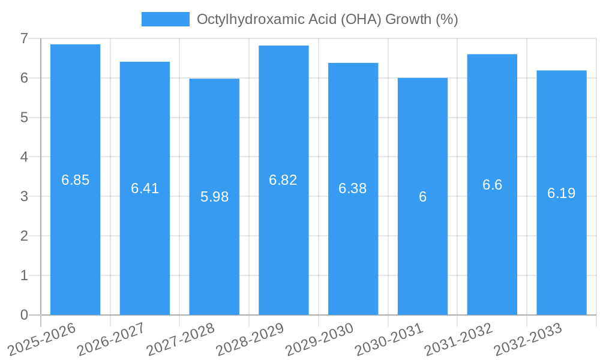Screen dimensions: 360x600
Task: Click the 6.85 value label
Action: click(x=75, y=180)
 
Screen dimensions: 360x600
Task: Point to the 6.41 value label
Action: click(x=145, y=188)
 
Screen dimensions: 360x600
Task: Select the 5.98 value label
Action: click(x=214, y=197)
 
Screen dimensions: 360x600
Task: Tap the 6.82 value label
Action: click(x=283, y=180)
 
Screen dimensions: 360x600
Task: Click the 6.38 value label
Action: click(x=353, y=188)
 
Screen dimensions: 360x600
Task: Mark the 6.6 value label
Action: click(x=492, y=185)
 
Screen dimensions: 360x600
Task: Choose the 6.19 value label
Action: click(x=561, y=193)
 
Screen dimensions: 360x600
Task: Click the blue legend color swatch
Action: click(x=165, y=19)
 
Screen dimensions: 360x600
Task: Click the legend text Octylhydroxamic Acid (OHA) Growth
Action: click(x=327, y=19)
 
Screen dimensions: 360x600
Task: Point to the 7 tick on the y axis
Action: click(x=24, y=38)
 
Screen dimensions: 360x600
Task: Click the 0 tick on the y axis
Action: click(x=24, y=315)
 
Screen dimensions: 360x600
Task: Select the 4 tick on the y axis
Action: click(x=24, y=157)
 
